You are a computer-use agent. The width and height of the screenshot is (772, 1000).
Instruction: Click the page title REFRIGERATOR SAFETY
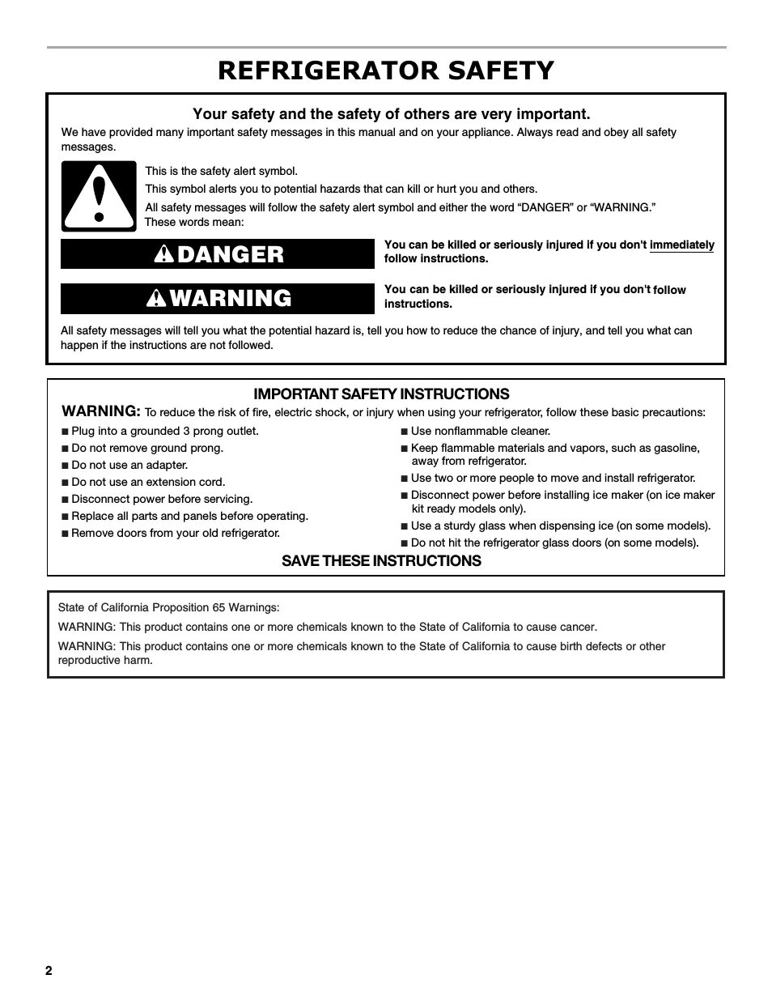[386, 70]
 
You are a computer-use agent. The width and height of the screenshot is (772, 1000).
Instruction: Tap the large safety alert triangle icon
[99, 197]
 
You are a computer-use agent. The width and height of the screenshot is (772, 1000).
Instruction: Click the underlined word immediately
[681, 245]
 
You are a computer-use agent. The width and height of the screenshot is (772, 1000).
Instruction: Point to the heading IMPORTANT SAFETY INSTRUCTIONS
[381, 394]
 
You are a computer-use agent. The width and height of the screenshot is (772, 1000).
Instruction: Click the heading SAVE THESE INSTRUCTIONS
[381, 561]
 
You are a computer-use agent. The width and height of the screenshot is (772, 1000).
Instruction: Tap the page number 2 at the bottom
[49, 971]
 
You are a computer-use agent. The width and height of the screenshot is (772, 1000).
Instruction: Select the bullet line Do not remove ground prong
[146, 448]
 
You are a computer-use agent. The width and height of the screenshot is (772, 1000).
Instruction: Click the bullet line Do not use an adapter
[129, 465]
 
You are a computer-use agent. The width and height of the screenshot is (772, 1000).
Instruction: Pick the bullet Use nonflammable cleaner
[480, 431]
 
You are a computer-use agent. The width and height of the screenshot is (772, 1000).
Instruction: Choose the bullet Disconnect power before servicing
[161, 499]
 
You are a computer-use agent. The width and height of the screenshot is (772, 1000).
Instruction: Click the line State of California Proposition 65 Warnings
[168, 607]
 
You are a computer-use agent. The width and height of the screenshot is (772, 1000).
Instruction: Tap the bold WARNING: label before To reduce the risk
[101, 411]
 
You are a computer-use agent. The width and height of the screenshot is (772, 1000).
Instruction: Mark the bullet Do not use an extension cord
[148, 482]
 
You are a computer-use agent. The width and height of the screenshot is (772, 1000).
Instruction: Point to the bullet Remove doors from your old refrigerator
[175, 533]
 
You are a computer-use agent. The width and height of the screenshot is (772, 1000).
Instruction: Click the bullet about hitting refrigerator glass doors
[554, 543]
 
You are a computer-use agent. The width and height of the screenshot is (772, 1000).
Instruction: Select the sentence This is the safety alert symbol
[221, 171]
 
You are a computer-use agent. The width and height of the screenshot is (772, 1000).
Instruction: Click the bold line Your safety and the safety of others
[391, 114]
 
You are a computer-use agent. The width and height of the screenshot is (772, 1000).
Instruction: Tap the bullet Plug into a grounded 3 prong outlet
[164, 431]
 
